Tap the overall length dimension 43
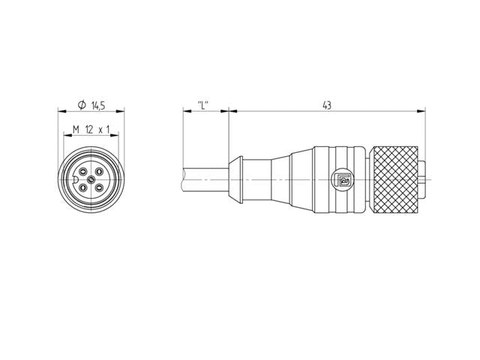(327, 107)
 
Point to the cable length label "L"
(202, 107)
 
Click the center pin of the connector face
(91, 181)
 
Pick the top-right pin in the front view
(100, 172)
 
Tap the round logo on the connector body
(343, 181)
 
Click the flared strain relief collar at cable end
(237, 181)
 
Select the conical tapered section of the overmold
(276, 181)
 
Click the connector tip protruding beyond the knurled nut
(425, 181)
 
